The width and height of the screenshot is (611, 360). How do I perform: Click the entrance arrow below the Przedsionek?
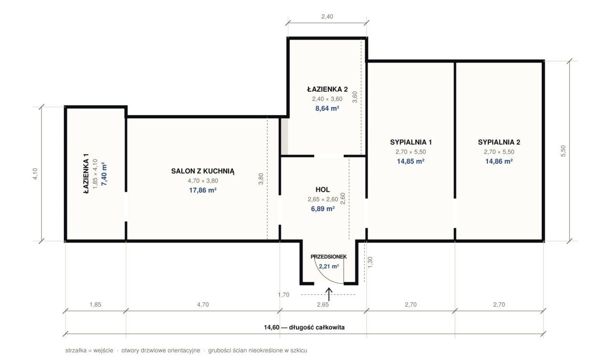329,294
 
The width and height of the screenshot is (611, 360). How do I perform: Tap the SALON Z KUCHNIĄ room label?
203,171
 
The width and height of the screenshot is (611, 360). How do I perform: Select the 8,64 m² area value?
327,108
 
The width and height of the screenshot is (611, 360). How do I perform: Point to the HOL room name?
323,189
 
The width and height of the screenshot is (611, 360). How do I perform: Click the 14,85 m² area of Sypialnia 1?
411,161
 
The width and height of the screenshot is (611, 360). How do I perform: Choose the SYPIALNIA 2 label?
499,142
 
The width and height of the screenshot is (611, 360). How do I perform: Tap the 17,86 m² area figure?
203,190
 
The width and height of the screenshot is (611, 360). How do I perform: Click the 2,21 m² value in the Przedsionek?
329,266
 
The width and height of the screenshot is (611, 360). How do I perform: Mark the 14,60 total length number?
272,327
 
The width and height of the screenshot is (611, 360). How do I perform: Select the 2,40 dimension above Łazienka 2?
327,16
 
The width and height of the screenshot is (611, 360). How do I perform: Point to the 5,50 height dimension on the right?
563,151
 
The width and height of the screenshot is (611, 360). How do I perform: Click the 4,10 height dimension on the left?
35,174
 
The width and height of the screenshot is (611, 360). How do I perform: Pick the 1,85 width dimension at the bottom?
95,304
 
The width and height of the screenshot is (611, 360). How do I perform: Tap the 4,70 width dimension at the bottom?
203,304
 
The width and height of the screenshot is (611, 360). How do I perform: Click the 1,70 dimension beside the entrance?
284,295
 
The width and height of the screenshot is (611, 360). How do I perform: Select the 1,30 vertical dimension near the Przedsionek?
370,263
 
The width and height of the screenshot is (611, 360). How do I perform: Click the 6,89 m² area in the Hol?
323,209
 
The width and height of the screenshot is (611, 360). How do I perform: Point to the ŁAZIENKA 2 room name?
327,89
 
